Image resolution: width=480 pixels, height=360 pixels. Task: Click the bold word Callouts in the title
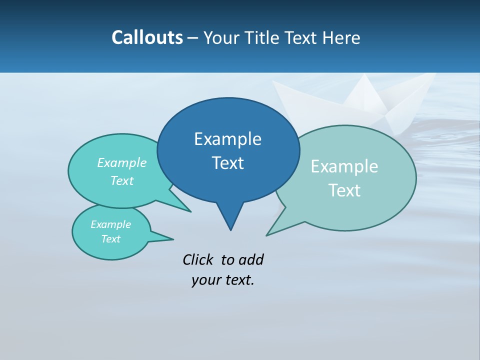click(147, 37)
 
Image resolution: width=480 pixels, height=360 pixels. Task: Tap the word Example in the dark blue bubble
click(227, 139)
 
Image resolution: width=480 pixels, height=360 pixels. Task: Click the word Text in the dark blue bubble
click(227, 163)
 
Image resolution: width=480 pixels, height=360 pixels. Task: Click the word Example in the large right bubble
click(344, 166)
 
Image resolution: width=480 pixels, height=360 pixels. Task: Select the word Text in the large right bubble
click(344, 190)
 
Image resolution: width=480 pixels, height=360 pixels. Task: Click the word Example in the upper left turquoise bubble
click(122, 162)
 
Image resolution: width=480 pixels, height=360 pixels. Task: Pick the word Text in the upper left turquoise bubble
click(122, 180)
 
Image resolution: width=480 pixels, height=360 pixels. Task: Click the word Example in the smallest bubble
click(110, 224)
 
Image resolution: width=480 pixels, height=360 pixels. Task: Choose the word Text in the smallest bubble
click(110, 239)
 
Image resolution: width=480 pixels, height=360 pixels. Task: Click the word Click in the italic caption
click(199, 259)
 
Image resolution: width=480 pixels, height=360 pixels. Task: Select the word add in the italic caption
click(250, 259)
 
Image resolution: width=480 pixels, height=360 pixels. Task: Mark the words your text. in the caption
click(223, 280)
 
